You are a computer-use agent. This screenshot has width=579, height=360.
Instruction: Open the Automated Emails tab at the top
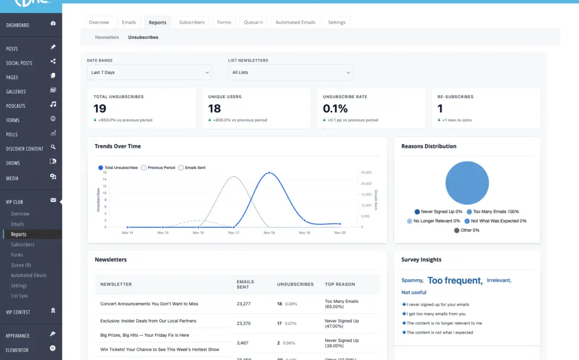(x=295, y=23)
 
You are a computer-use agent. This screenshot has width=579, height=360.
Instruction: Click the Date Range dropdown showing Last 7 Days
(x=149, y=72)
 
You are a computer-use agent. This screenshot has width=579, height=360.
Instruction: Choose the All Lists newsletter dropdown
(x=290, y=72)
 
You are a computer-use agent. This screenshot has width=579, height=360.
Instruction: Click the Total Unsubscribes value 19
(x=100, y=109)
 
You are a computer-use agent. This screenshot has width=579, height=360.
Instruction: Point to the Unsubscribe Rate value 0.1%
(x=335, y=109)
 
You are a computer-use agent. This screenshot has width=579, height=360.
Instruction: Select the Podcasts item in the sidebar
(x=16, y=106)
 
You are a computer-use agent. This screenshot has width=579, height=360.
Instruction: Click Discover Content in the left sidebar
(x=25, y=149)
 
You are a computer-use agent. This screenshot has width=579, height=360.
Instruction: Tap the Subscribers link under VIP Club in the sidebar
(x=23, y=245)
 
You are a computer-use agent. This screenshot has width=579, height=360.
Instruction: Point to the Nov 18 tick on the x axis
(x=269, y=233)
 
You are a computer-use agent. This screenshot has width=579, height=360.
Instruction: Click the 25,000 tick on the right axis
(x=366, y=172)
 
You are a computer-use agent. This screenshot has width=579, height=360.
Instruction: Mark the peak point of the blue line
(x=269, y=173)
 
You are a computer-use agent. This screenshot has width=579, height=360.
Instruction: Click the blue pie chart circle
(x=466, y=182)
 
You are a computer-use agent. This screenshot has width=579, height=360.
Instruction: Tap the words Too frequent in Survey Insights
(x=455, y=280)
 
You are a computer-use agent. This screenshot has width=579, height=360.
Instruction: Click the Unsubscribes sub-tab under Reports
(x=143, y=37)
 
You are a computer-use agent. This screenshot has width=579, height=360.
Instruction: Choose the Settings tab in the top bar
(x=336, y=23)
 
